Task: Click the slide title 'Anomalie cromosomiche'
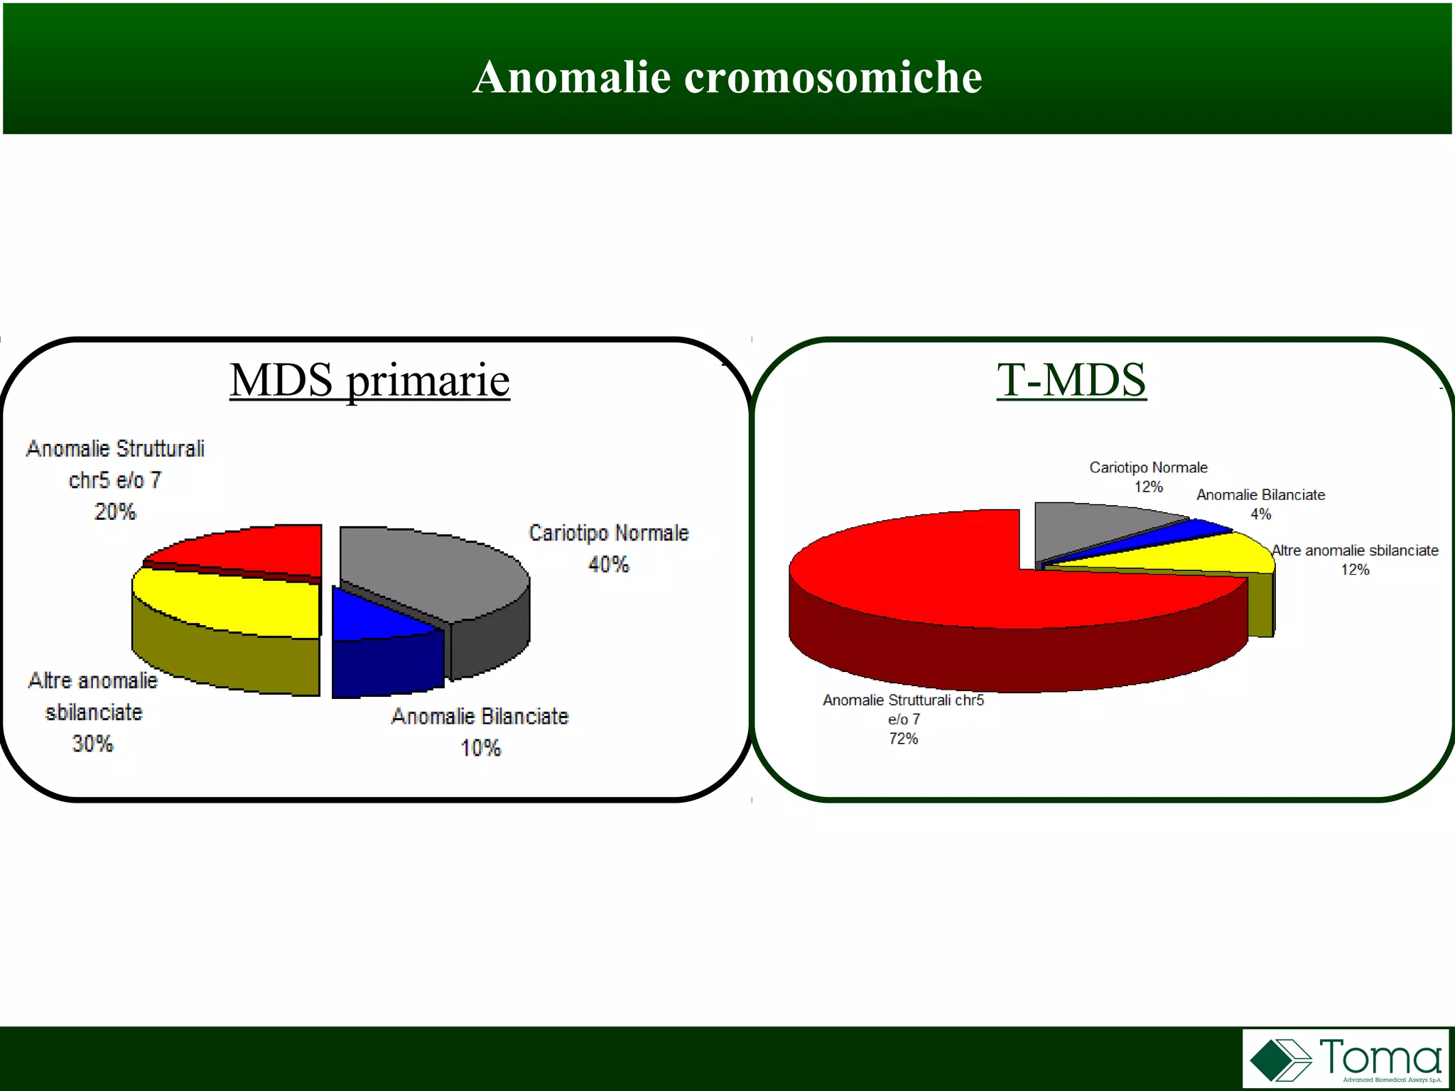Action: (727, 77)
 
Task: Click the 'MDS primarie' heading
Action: (369, 379)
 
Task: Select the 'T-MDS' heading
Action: (1071, 379)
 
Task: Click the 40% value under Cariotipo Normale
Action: (608, 565)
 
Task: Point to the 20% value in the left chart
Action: (115, 511)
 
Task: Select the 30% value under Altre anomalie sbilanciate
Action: (92, 744)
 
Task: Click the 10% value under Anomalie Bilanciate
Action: (480, 748)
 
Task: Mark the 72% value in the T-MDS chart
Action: (903, 739)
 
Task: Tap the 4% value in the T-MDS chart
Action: (1260, 514)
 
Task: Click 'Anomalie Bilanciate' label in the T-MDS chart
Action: (1260, 495)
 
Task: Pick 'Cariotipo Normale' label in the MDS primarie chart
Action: (609, 533)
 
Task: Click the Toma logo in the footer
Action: (1345, 1058)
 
